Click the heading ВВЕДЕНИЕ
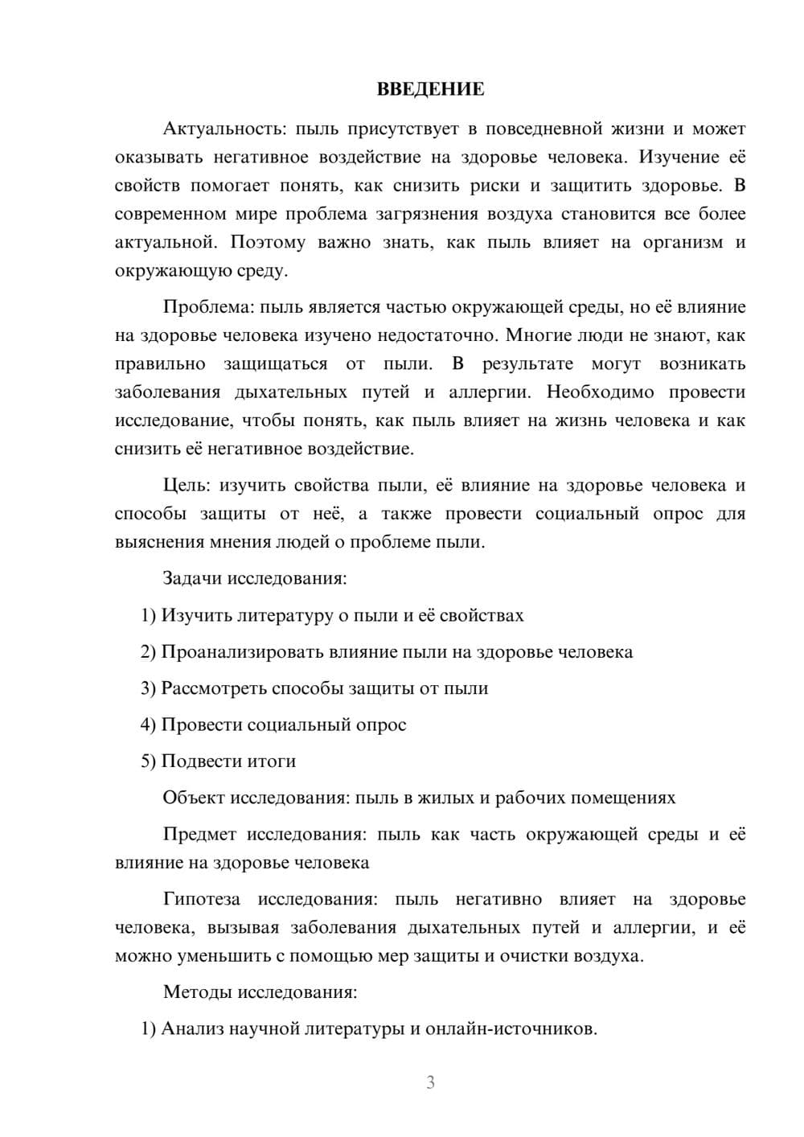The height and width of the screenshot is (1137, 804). pyautogui.click(x=430, y=89)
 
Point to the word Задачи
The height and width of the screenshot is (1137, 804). pyautogui.click(x=193, y=578)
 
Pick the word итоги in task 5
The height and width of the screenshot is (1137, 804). pyautogui.click(x=272, y=761)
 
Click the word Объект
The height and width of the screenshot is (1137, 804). pyautogui.click(x=194, y=798)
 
